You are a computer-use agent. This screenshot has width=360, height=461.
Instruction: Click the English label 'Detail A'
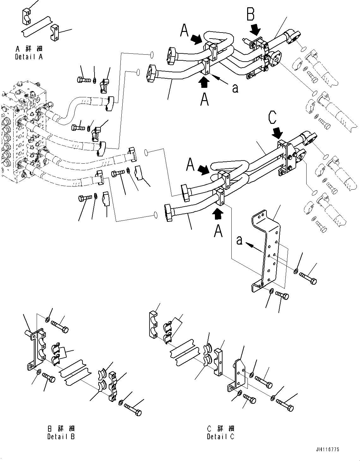[x=28, y=57]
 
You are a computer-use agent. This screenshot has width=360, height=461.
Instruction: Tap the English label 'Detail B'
[x=61, y=437]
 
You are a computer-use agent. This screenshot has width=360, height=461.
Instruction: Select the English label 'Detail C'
[x=221, y=437]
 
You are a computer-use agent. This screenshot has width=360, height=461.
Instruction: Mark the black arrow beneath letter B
[x=255, y=30]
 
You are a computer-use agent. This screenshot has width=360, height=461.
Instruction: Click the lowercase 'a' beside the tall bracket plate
[x=240, y=241]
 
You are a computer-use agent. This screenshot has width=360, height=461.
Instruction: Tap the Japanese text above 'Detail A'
[x=29, y=49]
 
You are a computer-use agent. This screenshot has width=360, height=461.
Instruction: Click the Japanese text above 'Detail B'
[x=61, y=428]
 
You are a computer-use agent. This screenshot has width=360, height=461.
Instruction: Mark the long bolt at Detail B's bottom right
[x=133, y=409]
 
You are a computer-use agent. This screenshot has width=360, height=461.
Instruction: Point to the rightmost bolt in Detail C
[x=285, y=405]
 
